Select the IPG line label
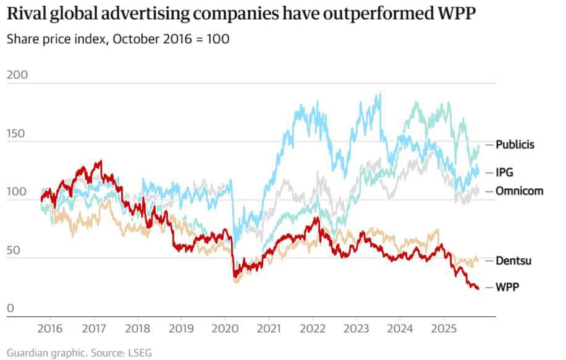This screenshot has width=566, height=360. pyautogui.click(x=505, y=172)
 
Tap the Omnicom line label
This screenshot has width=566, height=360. pyautogui.click(x=519, y=191)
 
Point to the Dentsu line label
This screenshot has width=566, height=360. pyautogui.click(x=513, y=261)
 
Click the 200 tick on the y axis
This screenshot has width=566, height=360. pyautogui.click(x=17, y=75)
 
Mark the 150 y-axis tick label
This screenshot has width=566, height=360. pyautogui.click(x=17, y=133)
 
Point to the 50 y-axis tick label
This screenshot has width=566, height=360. pyautogui.click(x=14, y=250)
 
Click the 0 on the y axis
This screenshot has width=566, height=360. pyautogui.click(x=10, y=309)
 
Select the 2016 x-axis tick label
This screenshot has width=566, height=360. pyautogui.click(x=50, y=327)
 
